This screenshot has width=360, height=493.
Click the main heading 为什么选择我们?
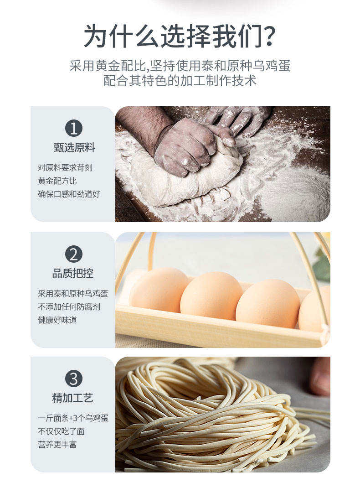[180, 36]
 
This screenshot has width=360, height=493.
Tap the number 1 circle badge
[74, 128]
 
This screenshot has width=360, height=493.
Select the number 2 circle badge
[74, 254]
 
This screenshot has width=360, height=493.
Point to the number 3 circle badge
[74, 379]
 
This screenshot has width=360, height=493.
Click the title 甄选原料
[74, 147]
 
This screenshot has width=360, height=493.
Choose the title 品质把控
[73, 273]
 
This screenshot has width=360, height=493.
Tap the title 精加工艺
[72, 398]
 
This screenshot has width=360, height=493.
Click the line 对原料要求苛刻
[65, 167]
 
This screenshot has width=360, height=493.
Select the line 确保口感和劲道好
[69, 194]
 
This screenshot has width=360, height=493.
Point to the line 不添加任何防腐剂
[69, 306]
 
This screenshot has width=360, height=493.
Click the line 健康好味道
[57, 320]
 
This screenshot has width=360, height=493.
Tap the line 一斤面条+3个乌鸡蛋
[73, 418]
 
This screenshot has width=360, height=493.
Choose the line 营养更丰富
[57, 444]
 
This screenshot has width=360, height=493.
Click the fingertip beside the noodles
[319, 376]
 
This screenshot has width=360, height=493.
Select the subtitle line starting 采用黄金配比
[180, 66]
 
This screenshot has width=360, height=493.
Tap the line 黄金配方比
[57, 181]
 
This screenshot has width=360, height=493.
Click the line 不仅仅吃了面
[61, 431]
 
